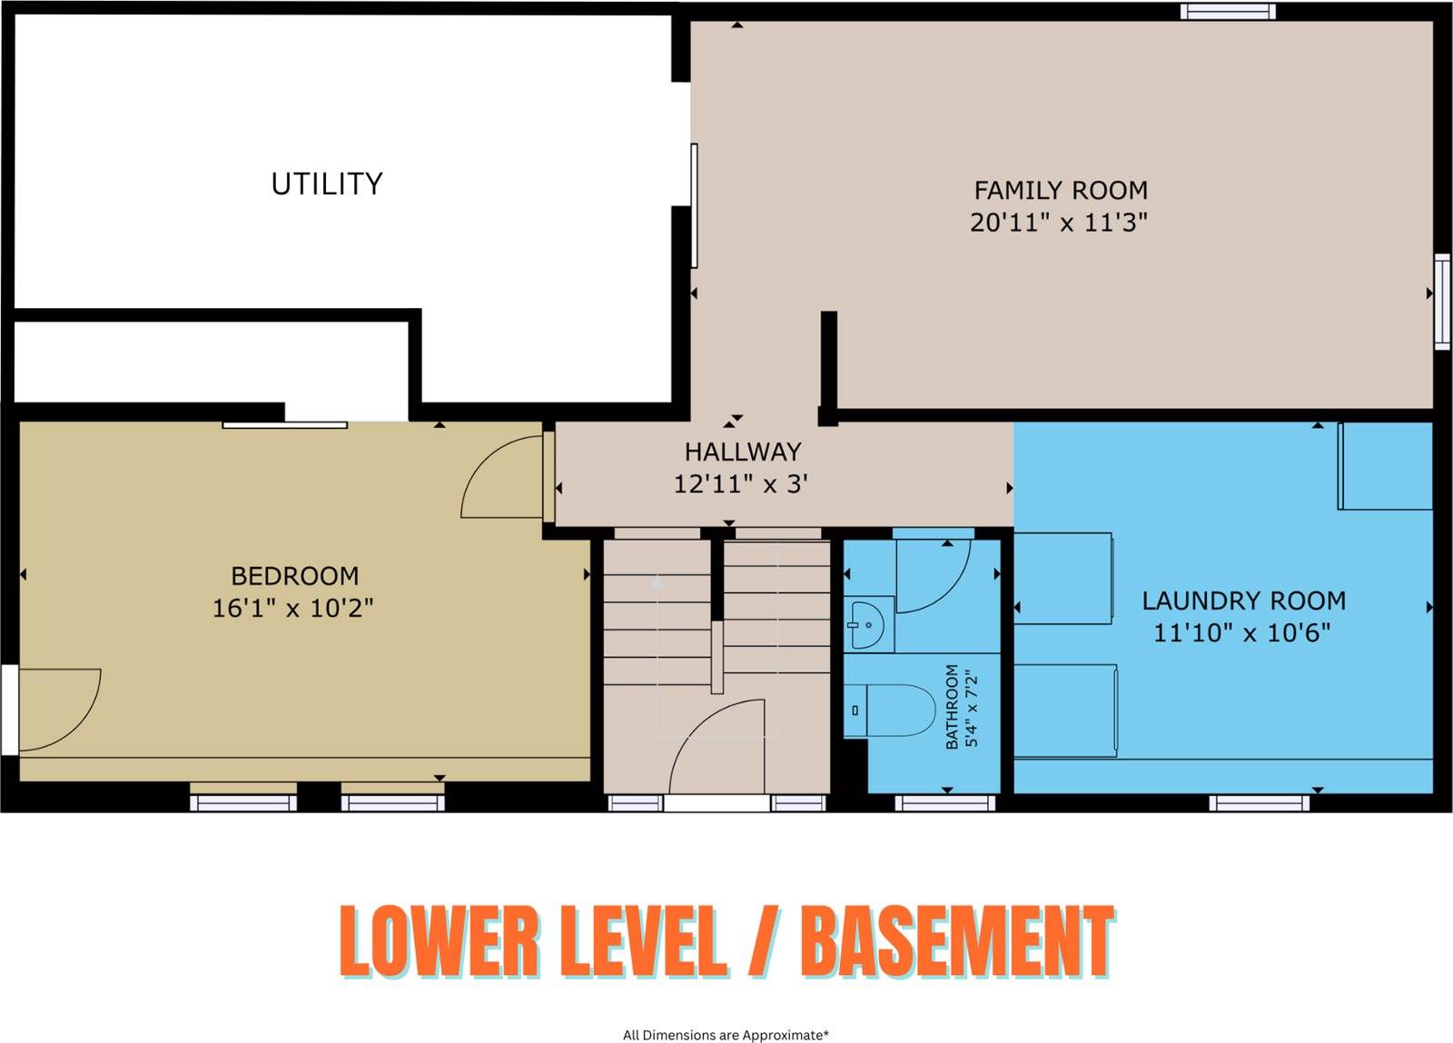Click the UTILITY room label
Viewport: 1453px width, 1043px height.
[x=327, y=184]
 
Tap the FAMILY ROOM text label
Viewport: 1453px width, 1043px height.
[x=1062, y=190]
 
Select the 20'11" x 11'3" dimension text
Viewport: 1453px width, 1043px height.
[x=1059, y=223]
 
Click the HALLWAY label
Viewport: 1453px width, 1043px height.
[x=743, y=452]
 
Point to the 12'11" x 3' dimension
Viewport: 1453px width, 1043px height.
[x=741, y=484]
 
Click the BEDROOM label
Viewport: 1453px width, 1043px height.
[x=294, y=576]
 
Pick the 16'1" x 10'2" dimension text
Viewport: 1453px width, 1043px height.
[x=293, y=608]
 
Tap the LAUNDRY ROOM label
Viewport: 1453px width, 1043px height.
[x=1244, y=601]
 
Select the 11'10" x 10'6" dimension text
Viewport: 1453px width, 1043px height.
[x=1241, y=632]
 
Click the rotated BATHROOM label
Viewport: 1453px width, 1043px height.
[x=952, y=706]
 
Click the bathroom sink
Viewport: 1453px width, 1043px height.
[x=866, y=625]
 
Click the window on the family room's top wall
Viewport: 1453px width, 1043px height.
[x=1227, y=12]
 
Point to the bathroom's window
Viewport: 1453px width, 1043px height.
[x=945, y=803]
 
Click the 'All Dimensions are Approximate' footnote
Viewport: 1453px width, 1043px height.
[x=726, y=1035]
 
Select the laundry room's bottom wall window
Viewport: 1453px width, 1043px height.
[x=1259, y=803]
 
